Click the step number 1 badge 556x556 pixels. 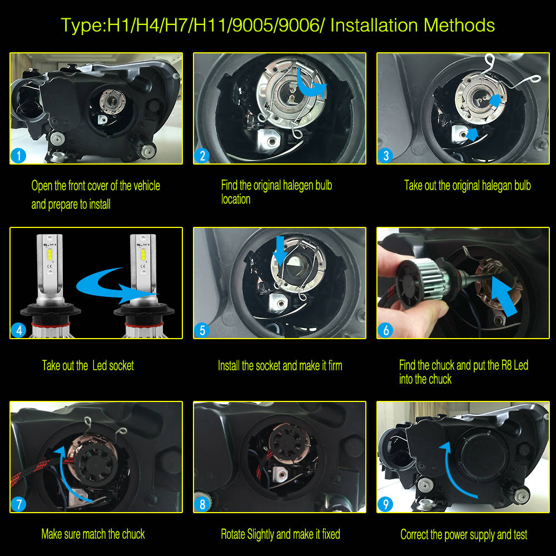19,156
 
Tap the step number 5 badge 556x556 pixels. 202,330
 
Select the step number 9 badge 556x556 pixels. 385,504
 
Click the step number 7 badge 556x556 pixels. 19,504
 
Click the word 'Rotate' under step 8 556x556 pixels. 234,534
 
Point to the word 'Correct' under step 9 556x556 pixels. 418,534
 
